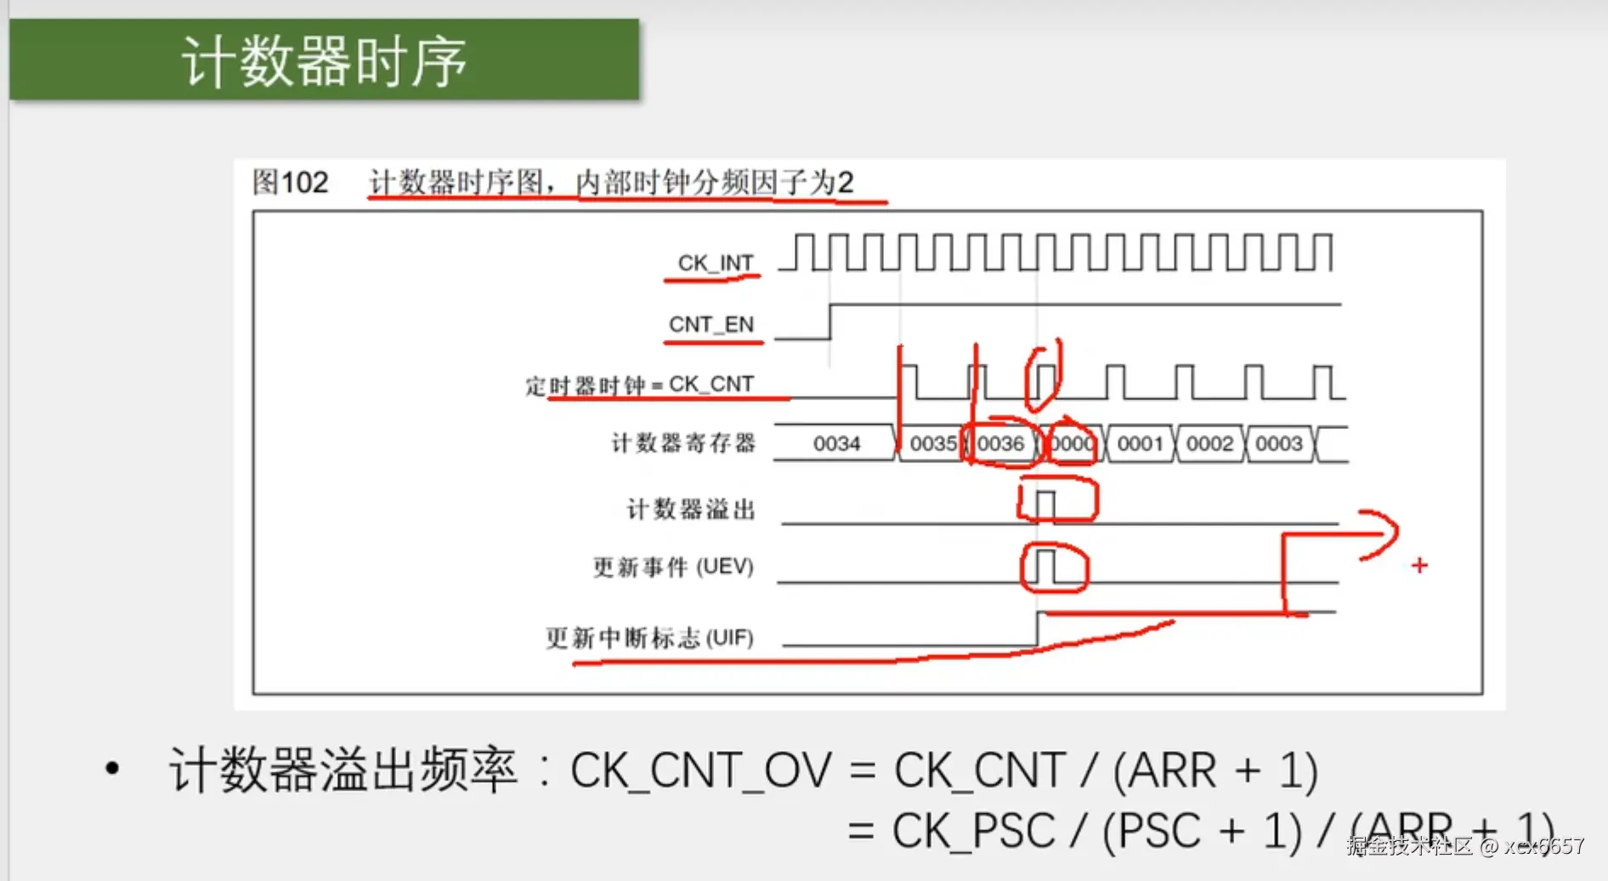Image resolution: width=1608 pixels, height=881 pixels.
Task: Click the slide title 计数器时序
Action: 324,61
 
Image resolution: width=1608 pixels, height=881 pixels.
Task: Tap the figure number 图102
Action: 290,182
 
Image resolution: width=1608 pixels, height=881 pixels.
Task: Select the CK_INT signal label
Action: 715,263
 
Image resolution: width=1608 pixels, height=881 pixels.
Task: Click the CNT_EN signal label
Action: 711,325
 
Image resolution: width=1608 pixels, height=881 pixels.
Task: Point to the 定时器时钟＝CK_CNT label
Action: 639,386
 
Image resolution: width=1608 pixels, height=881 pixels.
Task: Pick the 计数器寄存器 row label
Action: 683,443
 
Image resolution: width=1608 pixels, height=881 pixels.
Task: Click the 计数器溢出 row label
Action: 690,509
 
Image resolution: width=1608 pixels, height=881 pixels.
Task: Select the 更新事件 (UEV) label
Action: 673,567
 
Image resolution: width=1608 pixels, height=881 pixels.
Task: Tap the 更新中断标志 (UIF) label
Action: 649,637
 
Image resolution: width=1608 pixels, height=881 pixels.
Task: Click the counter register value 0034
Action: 836,443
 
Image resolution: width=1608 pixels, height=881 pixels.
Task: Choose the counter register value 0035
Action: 932,443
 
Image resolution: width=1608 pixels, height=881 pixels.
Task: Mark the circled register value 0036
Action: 1000,443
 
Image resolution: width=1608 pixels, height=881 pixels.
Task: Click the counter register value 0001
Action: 1140,443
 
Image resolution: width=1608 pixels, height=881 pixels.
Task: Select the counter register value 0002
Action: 1209,443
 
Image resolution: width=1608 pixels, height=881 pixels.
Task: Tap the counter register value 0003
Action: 1278,443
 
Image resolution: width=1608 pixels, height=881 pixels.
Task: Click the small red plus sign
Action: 1419,565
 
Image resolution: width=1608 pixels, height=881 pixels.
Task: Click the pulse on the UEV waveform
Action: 1045,566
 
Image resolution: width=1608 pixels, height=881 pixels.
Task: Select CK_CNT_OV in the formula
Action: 700,771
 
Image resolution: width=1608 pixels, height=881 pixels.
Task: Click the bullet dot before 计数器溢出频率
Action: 112,770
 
